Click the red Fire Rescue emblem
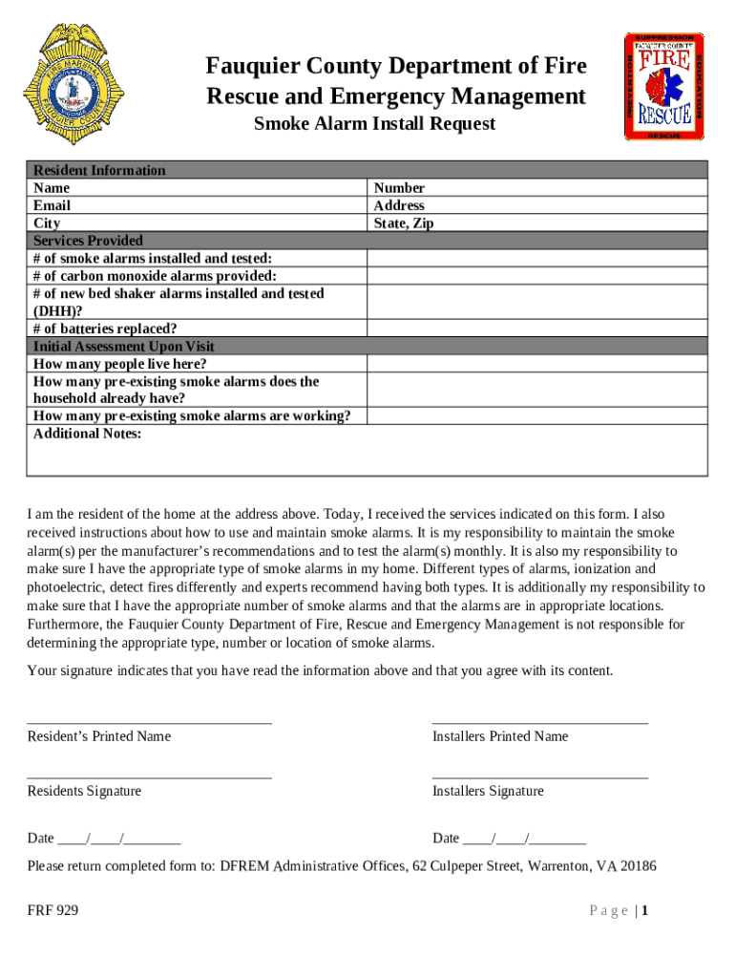[x=664, y=87]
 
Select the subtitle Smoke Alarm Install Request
[x=374, y=124]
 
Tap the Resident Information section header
[x=99, y=170]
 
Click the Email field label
[x=52, y=205]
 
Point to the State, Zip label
[x=404, y=223]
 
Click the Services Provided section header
[x=88, y=241]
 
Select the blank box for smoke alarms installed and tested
[x=537, y=259]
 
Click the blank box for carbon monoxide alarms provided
[x=537, y=276]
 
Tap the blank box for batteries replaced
[x=537, y=329]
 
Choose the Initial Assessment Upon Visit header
[x=124, y=347]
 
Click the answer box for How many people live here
[x=537, y=364]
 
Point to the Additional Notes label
[x=87, y=434]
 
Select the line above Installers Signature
[x=540, y=777]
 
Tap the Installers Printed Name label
[x=500, y=736]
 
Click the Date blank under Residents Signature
[x=119, y=840]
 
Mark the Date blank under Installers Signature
[x=524, y=840]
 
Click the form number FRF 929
[x=53, y=911]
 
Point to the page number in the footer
[x=620, y=911]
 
